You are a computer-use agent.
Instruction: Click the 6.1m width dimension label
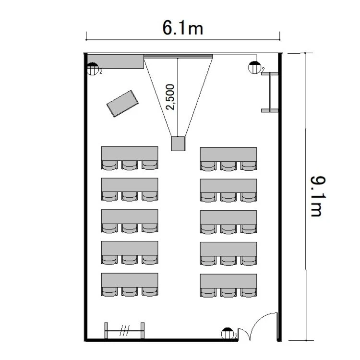pos(183,28)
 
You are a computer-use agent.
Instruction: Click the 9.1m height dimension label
pos(318,196)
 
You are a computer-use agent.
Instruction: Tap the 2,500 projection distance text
pos(170,97)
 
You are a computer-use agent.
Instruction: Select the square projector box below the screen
pos(178,144)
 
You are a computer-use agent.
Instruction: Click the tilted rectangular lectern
pos(122,104)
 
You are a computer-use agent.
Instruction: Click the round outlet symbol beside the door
pos(227,334)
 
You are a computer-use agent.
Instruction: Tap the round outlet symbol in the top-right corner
pos(254,68)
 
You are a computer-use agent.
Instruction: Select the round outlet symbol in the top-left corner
pos(93,69)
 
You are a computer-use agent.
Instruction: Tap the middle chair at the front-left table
pos(130,165)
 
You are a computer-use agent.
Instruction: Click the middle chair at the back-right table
pos(228,293)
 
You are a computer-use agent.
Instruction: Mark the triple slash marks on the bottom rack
pos(124,331)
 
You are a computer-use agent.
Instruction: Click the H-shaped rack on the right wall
pos(270,92)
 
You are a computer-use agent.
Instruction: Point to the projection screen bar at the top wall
pos(178,56)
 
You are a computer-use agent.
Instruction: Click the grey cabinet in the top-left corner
pos(116,61)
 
